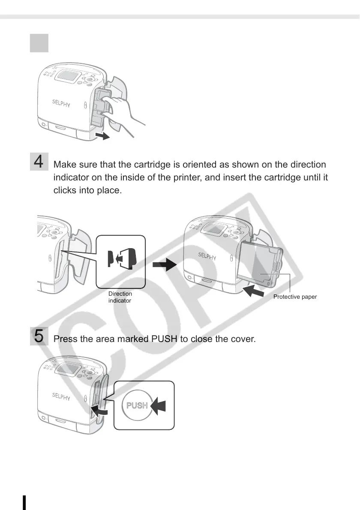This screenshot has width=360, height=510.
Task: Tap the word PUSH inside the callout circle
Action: pos(137,405)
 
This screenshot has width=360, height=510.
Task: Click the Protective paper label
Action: pos(295,297)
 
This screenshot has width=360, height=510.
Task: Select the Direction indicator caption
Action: pos(120,297)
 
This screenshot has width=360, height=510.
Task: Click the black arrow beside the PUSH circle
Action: pos(159,405)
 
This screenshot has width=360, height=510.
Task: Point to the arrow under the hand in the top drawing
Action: pos(102,136)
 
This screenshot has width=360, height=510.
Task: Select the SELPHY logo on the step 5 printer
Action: pos(61,396)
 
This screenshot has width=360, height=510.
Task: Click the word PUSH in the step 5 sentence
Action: pos(164,339)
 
